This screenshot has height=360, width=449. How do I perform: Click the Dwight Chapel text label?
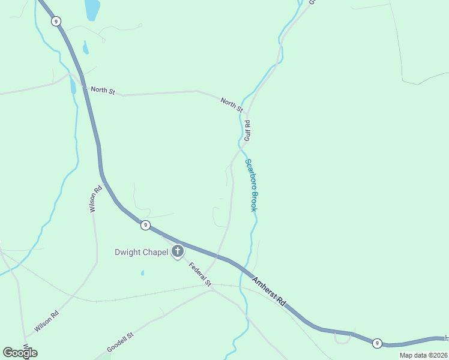pos(142,252)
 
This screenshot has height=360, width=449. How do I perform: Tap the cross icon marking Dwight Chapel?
pos(178,252)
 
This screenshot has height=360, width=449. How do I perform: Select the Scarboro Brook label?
pos(252,185)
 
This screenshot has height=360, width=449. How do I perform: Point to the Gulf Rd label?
pos(247,130)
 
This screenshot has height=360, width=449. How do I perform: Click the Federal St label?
pos(200,274)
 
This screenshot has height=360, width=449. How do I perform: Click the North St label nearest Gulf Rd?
pos(231,106)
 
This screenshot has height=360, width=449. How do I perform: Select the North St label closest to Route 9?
pos(103,90)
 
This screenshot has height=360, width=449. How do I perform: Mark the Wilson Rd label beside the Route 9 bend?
pos(94,200)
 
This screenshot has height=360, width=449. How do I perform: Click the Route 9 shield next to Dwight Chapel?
pos(145,225)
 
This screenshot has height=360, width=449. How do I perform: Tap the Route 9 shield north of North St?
pos(56,21)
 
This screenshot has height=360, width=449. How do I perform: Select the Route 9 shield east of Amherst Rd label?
pos(376,343)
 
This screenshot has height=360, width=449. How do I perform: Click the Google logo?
pos(20,353)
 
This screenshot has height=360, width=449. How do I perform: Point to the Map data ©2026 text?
pos(424,355)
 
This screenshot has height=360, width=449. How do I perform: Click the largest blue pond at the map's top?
pos(92,10)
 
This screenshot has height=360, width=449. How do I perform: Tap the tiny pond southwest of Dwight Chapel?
pos(142,274)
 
